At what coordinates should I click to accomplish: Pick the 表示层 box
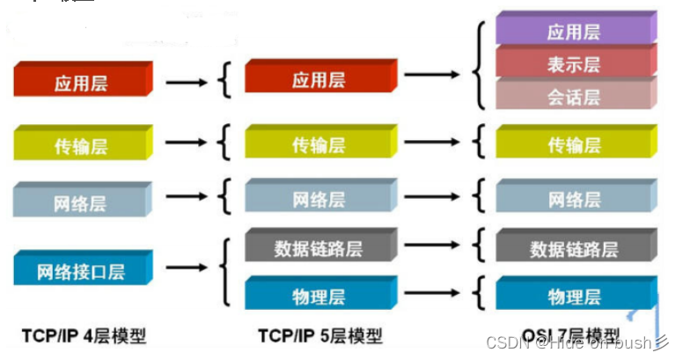pos(573,63)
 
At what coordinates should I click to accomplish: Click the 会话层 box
pos(573,95)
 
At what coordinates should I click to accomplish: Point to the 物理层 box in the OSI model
pos(573,295)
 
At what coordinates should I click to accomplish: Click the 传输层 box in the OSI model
pos(573,143)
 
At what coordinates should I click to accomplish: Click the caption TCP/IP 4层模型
pos(84,335)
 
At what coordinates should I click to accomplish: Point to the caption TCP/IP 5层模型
pos(320,335)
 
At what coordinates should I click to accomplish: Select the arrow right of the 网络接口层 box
pos(188,268)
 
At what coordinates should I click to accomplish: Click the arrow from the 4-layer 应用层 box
pos(188,82)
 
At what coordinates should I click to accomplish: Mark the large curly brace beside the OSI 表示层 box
pos(479,63)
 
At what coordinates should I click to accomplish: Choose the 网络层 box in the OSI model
pos(573,198)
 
